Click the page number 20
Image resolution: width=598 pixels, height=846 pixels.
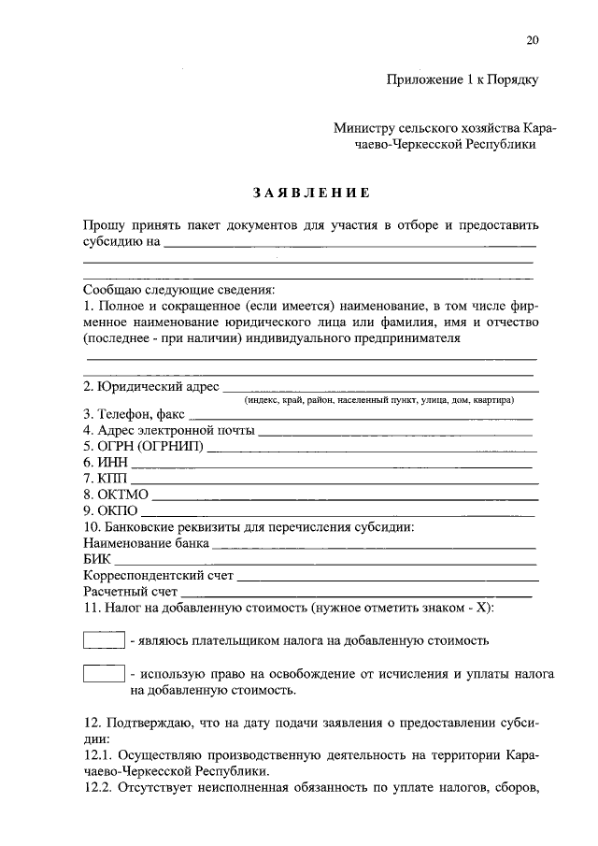click(x=533, y=39)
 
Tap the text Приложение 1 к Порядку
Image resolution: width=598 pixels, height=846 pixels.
click(x=462, y=80)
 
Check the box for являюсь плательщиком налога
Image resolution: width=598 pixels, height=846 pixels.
click(x=104, y=640)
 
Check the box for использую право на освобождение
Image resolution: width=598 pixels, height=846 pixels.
click(x=104, y=673)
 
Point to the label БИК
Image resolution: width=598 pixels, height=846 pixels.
click(x=97, y=558)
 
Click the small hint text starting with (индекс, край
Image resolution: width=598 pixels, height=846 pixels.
click(x=378, y=399)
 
